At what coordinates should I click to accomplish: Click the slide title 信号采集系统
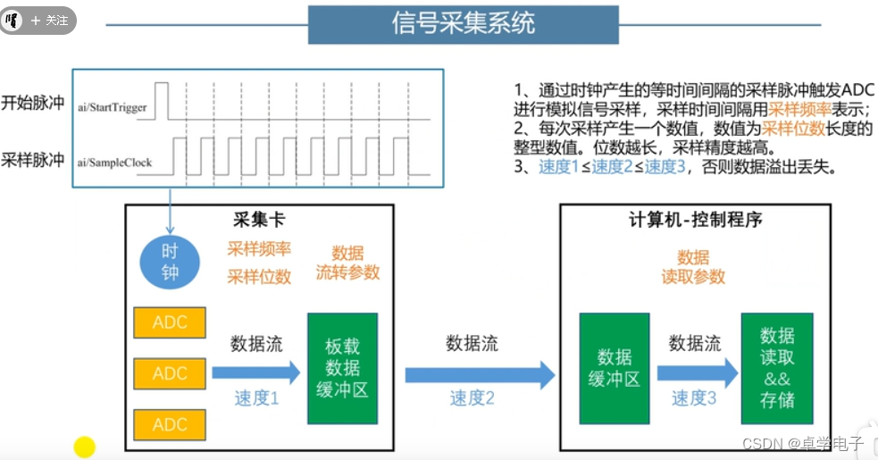point(464,23)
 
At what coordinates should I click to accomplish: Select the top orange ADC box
point(170,322)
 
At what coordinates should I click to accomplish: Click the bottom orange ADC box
point(170,424)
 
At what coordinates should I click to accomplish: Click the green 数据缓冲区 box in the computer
point(615,368)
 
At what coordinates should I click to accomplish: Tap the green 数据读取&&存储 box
point(777,368)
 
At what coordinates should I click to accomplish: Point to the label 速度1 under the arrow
point(257,398)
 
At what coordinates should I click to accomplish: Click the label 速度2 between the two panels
point(472,398)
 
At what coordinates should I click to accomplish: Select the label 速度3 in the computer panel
point(694,398)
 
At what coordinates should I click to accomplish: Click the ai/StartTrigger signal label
point(113,108)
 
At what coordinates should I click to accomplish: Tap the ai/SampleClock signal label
point(114,163)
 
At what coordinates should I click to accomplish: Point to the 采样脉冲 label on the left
point(33,159)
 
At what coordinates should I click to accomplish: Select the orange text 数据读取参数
point(693,267)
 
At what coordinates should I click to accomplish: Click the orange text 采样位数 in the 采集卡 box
point(259,276)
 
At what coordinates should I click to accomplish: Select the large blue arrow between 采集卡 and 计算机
point(480,374)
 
